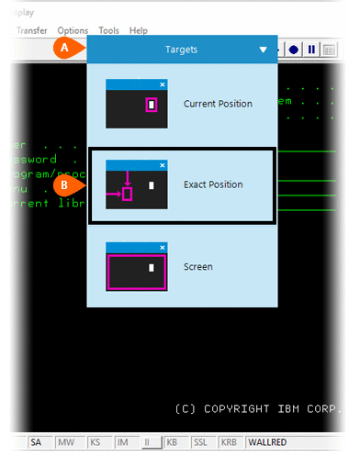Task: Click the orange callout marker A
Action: click(x=63, y=48)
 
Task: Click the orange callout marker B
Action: click(x=63, y=184)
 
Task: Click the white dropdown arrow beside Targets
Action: click(x=264, y=50)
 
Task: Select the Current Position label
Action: click(x=218, y=104)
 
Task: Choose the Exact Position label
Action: click(x=213, y=184)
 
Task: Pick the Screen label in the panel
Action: click(x=197, y=267)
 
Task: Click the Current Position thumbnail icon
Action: click(x=137, y=103)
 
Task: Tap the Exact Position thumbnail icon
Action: click(x=137, y=184)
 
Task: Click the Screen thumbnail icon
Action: click(x=137, y=266)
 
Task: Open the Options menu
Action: click(x=73, y=30)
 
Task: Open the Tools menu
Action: click(x=108, y=30)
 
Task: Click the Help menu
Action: click(x=138, y=30)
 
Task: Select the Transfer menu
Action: click(x=31, y=30)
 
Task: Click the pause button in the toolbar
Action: click(x=311, y=50)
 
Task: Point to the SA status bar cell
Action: click(x=36, y=442)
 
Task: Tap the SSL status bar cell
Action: click(x=201, y=442)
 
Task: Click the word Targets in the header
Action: click(x=181, y=50)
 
